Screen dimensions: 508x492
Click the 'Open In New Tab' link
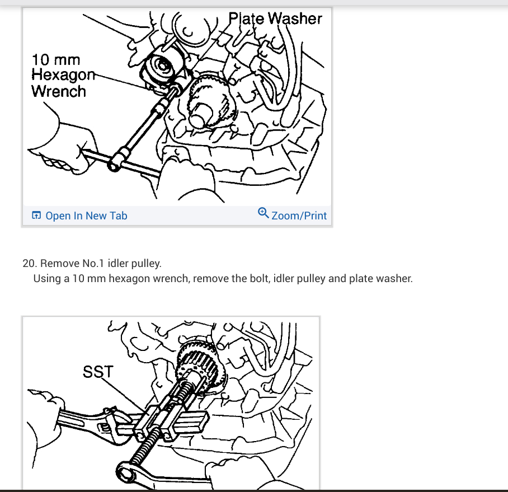click(x=86, y=215)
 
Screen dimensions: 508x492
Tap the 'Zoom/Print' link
click(x=299, y=215)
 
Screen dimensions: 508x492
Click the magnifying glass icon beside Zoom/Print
click(x=263, y=213)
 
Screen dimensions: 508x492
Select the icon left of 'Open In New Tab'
click(x=36, y=215)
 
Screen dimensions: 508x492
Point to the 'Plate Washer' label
click(x=275, y=18)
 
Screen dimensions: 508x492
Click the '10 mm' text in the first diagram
click(x=56, y=60)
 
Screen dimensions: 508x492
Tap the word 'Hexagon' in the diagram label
click(x=63, y=75)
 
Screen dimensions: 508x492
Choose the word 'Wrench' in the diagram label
click(x=59, y=91)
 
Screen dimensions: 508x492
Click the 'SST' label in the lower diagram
click(x=98, y=372)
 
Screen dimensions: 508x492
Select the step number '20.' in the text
click(x=30, y=263)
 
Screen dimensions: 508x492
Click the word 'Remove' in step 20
click(x=60, y=263)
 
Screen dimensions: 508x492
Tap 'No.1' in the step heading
click(x=93, y=263)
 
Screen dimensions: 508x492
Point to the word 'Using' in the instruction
click(x=48, y=278)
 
